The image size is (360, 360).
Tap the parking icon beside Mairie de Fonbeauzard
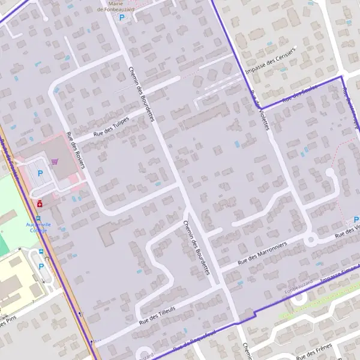tap(122, 18)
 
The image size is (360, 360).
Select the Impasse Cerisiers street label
tap(274, 61)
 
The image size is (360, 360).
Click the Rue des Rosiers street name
tap(76, 150)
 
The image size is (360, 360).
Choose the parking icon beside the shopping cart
tap(41, 174)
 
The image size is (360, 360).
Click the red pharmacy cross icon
tap(40, 204)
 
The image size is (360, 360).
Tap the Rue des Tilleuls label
tap(158, 314)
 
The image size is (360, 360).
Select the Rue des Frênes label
tap(314, 351)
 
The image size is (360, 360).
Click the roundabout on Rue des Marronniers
tap(310, 240)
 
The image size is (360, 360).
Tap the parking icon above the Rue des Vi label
tap(356, 220)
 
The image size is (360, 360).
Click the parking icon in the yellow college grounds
tap(41, 266)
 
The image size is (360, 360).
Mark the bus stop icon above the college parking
tap(41, 252)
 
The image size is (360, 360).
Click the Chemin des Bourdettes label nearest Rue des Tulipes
tap(142, 93)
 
